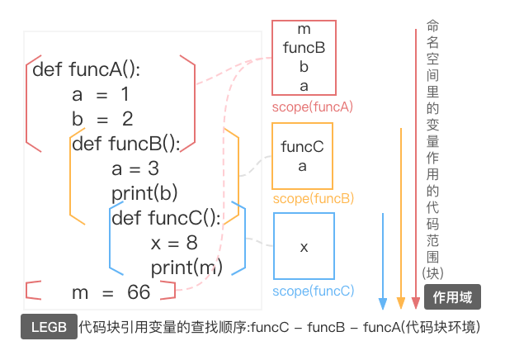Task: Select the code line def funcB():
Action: [125, 144]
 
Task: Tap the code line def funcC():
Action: [165, 219]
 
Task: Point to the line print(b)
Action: [144, 194]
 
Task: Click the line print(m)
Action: [186, 268]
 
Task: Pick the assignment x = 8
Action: [174, 244]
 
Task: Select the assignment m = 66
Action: [111, 292]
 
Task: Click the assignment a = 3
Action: [135, 169]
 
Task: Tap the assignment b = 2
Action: [102, 119]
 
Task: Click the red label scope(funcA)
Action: [313, 107]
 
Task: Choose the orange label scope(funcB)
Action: [313, 199]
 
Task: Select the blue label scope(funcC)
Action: [313, 291]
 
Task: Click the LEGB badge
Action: [49, 327]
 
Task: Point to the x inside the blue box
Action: [304, 247]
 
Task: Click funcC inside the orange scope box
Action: [302, 148]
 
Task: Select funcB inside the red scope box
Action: [304, 48]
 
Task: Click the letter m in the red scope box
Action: [304, 31]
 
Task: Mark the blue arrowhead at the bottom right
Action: [383, 302]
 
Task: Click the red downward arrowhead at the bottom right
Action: [415, 302]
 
